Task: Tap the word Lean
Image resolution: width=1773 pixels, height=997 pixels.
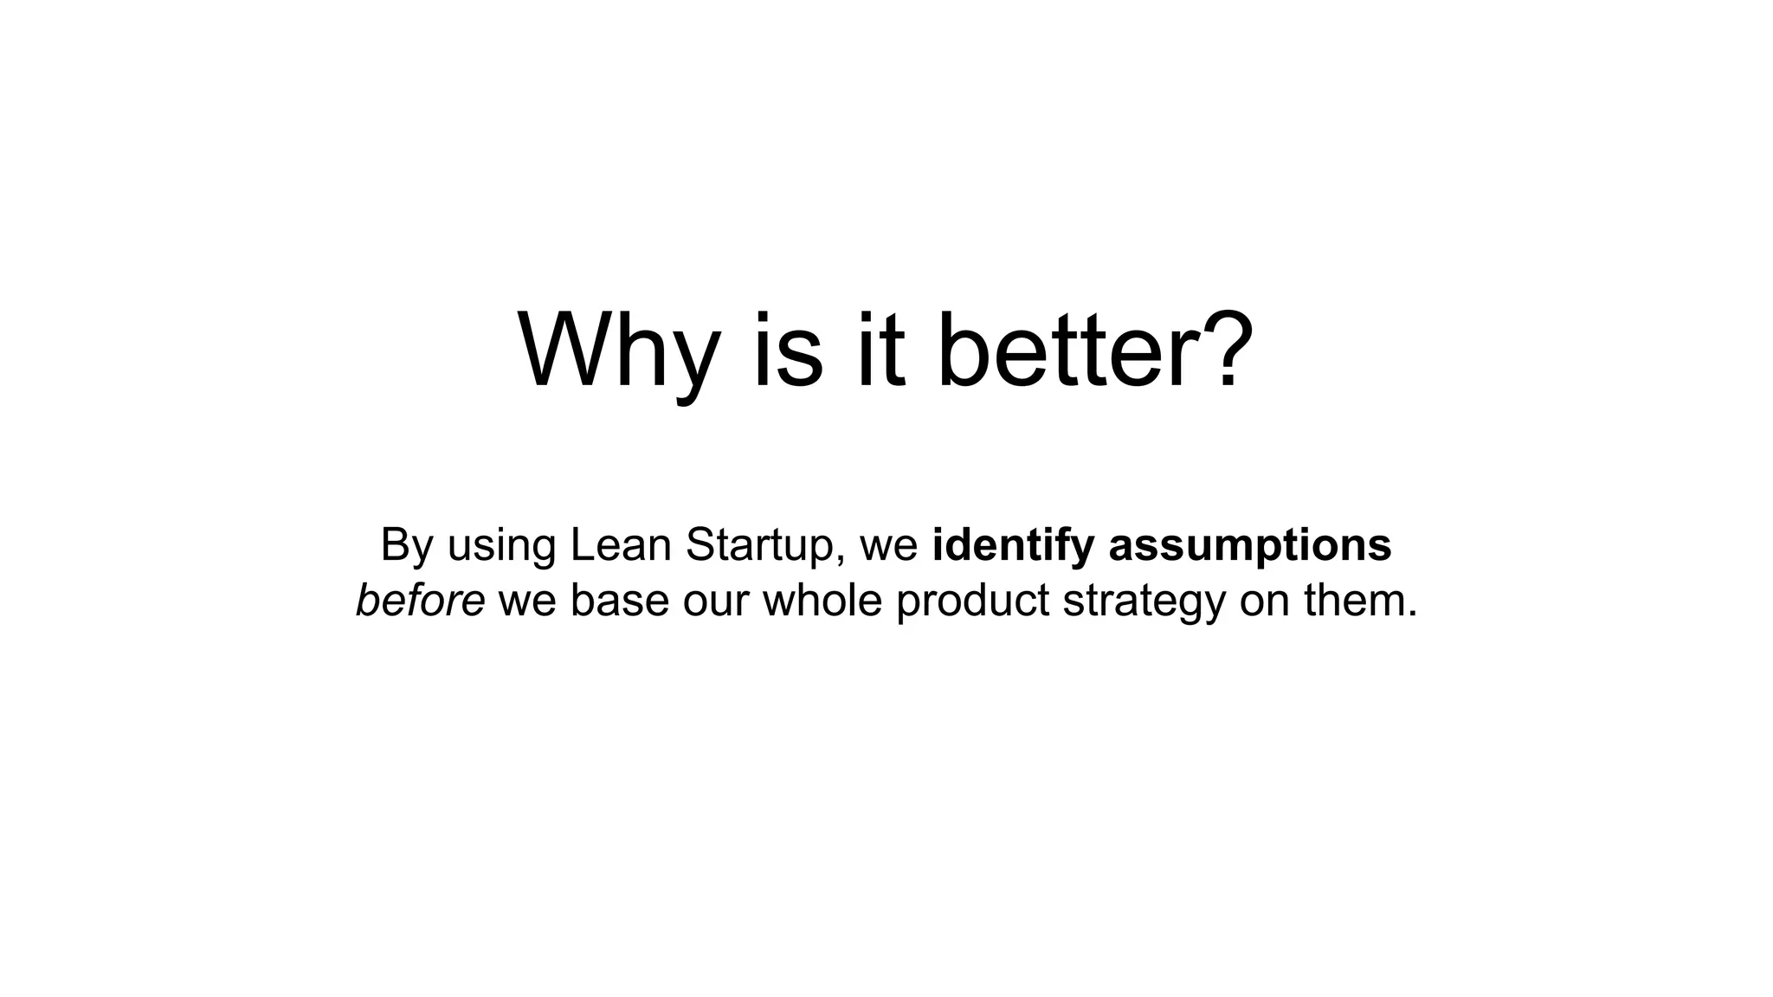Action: (621, 545)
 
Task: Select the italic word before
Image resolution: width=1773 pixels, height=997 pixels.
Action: (420, 601)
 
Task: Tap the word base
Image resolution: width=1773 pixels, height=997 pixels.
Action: (619, 601)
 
